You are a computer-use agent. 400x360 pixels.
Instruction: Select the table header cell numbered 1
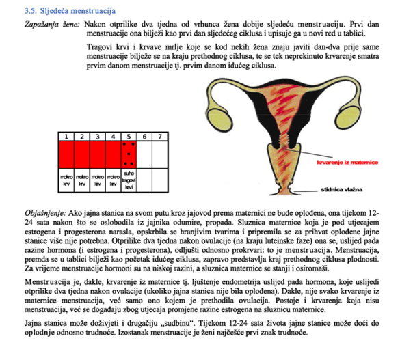(65, 137)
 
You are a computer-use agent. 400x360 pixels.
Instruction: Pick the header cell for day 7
(159, 137)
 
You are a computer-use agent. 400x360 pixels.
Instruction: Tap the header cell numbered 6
(144, 137)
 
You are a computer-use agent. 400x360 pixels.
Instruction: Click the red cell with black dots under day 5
(128, 154)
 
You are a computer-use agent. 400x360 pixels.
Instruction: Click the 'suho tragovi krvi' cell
(128, 181)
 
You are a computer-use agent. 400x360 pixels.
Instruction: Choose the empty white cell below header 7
(159, 154)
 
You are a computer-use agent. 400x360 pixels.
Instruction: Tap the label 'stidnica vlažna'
(343, 189)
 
